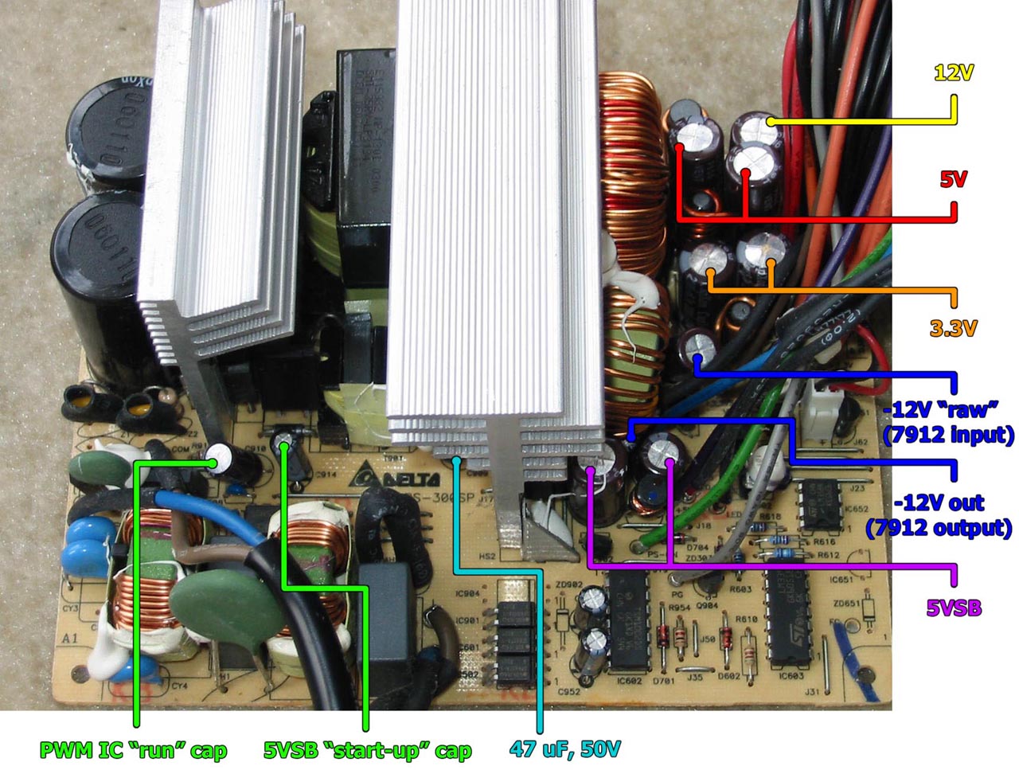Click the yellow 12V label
tap(953, 73)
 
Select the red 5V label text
tap(953, 179)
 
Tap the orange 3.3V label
tap(952, 327)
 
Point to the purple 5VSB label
tap(954, 608)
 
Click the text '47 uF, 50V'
tap(564, 749)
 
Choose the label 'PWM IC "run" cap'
tap(133, 750)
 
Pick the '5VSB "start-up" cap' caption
tap(367, 750)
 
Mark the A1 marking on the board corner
tap(72, 638)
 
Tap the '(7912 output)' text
tap(939, 527)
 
